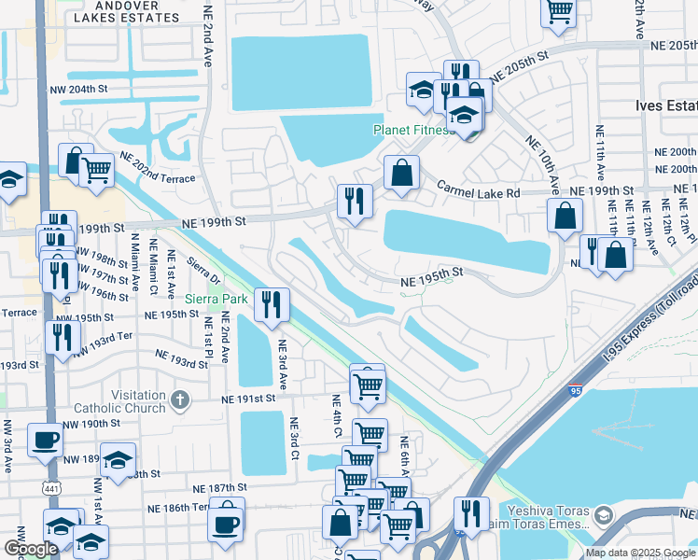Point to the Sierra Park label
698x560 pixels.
[216, 299]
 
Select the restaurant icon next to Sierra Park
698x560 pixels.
[272, 304]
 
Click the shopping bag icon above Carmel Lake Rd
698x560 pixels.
[401, 173]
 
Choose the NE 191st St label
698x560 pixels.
[250, 399]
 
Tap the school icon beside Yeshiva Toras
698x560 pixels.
[604, 515]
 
